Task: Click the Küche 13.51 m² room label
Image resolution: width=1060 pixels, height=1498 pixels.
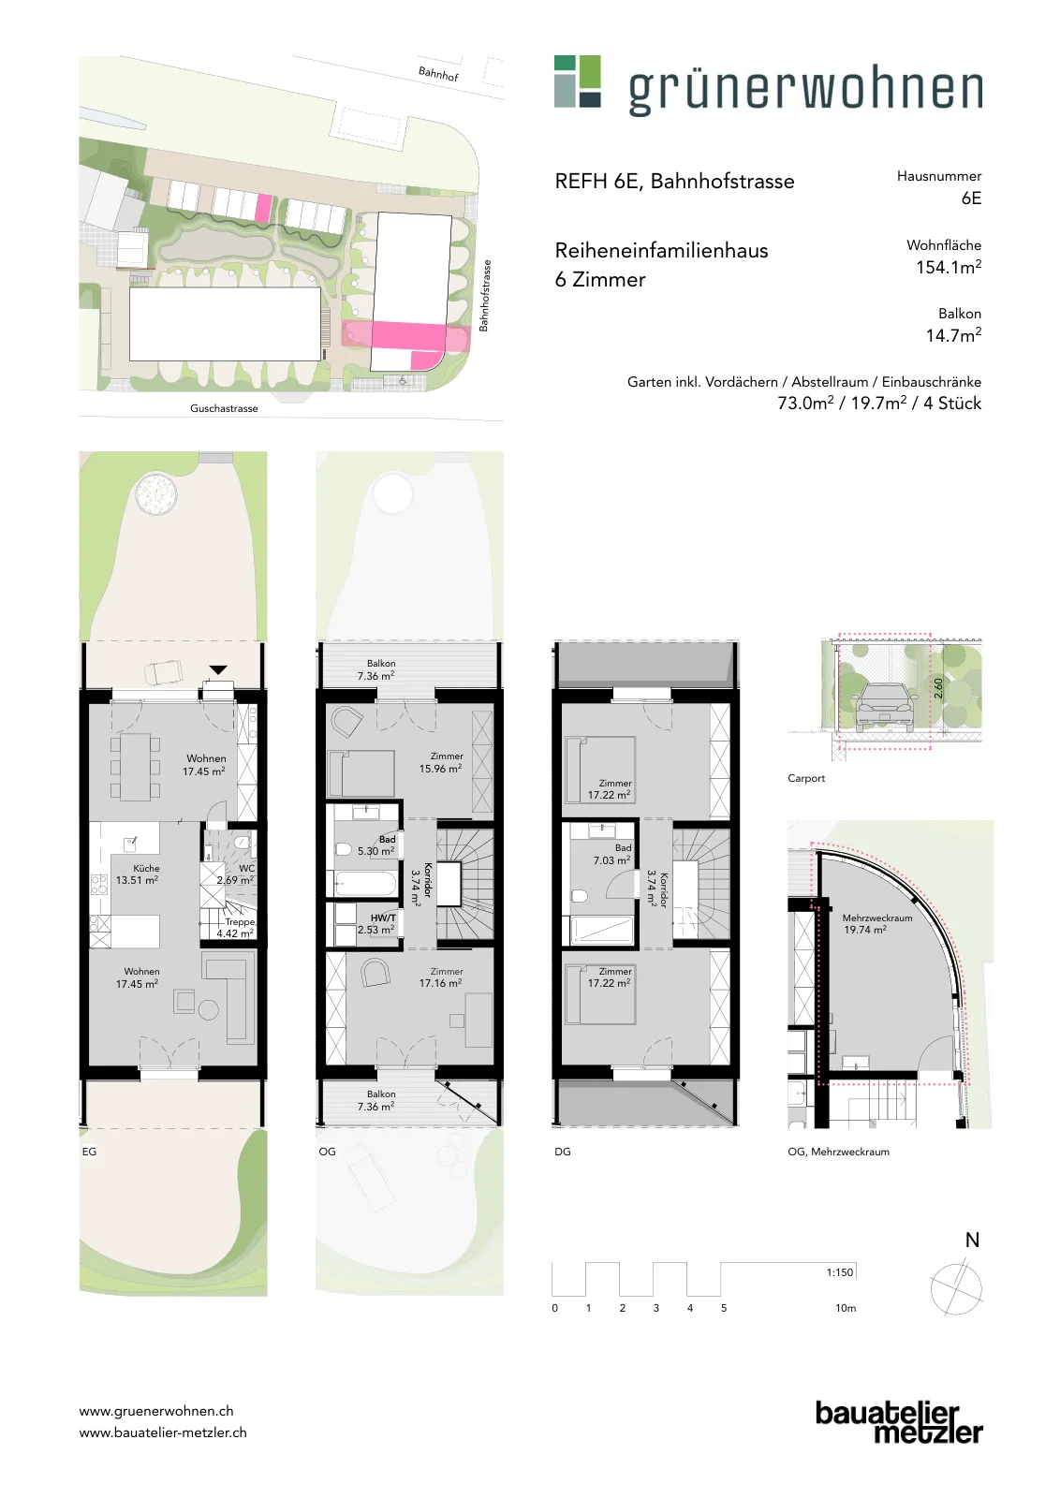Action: pos(137,874)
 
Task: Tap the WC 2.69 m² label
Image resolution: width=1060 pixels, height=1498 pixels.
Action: pos(236,874)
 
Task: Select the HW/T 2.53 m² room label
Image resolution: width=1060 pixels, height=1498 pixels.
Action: pos(376,923)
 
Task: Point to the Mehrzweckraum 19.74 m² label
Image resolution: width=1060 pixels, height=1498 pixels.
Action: pos(876,923)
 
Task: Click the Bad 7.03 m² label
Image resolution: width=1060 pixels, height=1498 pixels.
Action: pos(612,854)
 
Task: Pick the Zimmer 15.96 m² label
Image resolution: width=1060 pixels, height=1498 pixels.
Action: pos(441,762)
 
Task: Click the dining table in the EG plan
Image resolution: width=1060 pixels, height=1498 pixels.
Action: pos(135,767)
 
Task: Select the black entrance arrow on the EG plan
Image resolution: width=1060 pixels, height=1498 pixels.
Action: pos(218,669)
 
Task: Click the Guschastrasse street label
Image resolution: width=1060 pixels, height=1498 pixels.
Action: pos(224,408)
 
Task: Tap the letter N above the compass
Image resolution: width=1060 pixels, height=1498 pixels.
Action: pos(972,1241)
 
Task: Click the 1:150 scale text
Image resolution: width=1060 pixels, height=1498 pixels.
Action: pos(840,1272)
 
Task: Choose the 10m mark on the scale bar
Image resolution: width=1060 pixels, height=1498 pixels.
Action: pos(846,1307)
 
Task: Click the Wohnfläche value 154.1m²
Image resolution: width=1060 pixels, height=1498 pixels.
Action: pos(949,267)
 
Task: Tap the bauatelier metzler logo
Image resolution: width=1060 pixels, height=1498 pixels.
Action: pos(899,1421)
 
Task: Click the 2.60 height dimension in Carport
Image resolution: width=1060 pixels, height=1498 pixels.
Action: pos(938,688)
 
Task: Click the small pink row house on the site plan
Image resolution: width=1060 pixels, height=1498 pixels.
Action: pos(264,208)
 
